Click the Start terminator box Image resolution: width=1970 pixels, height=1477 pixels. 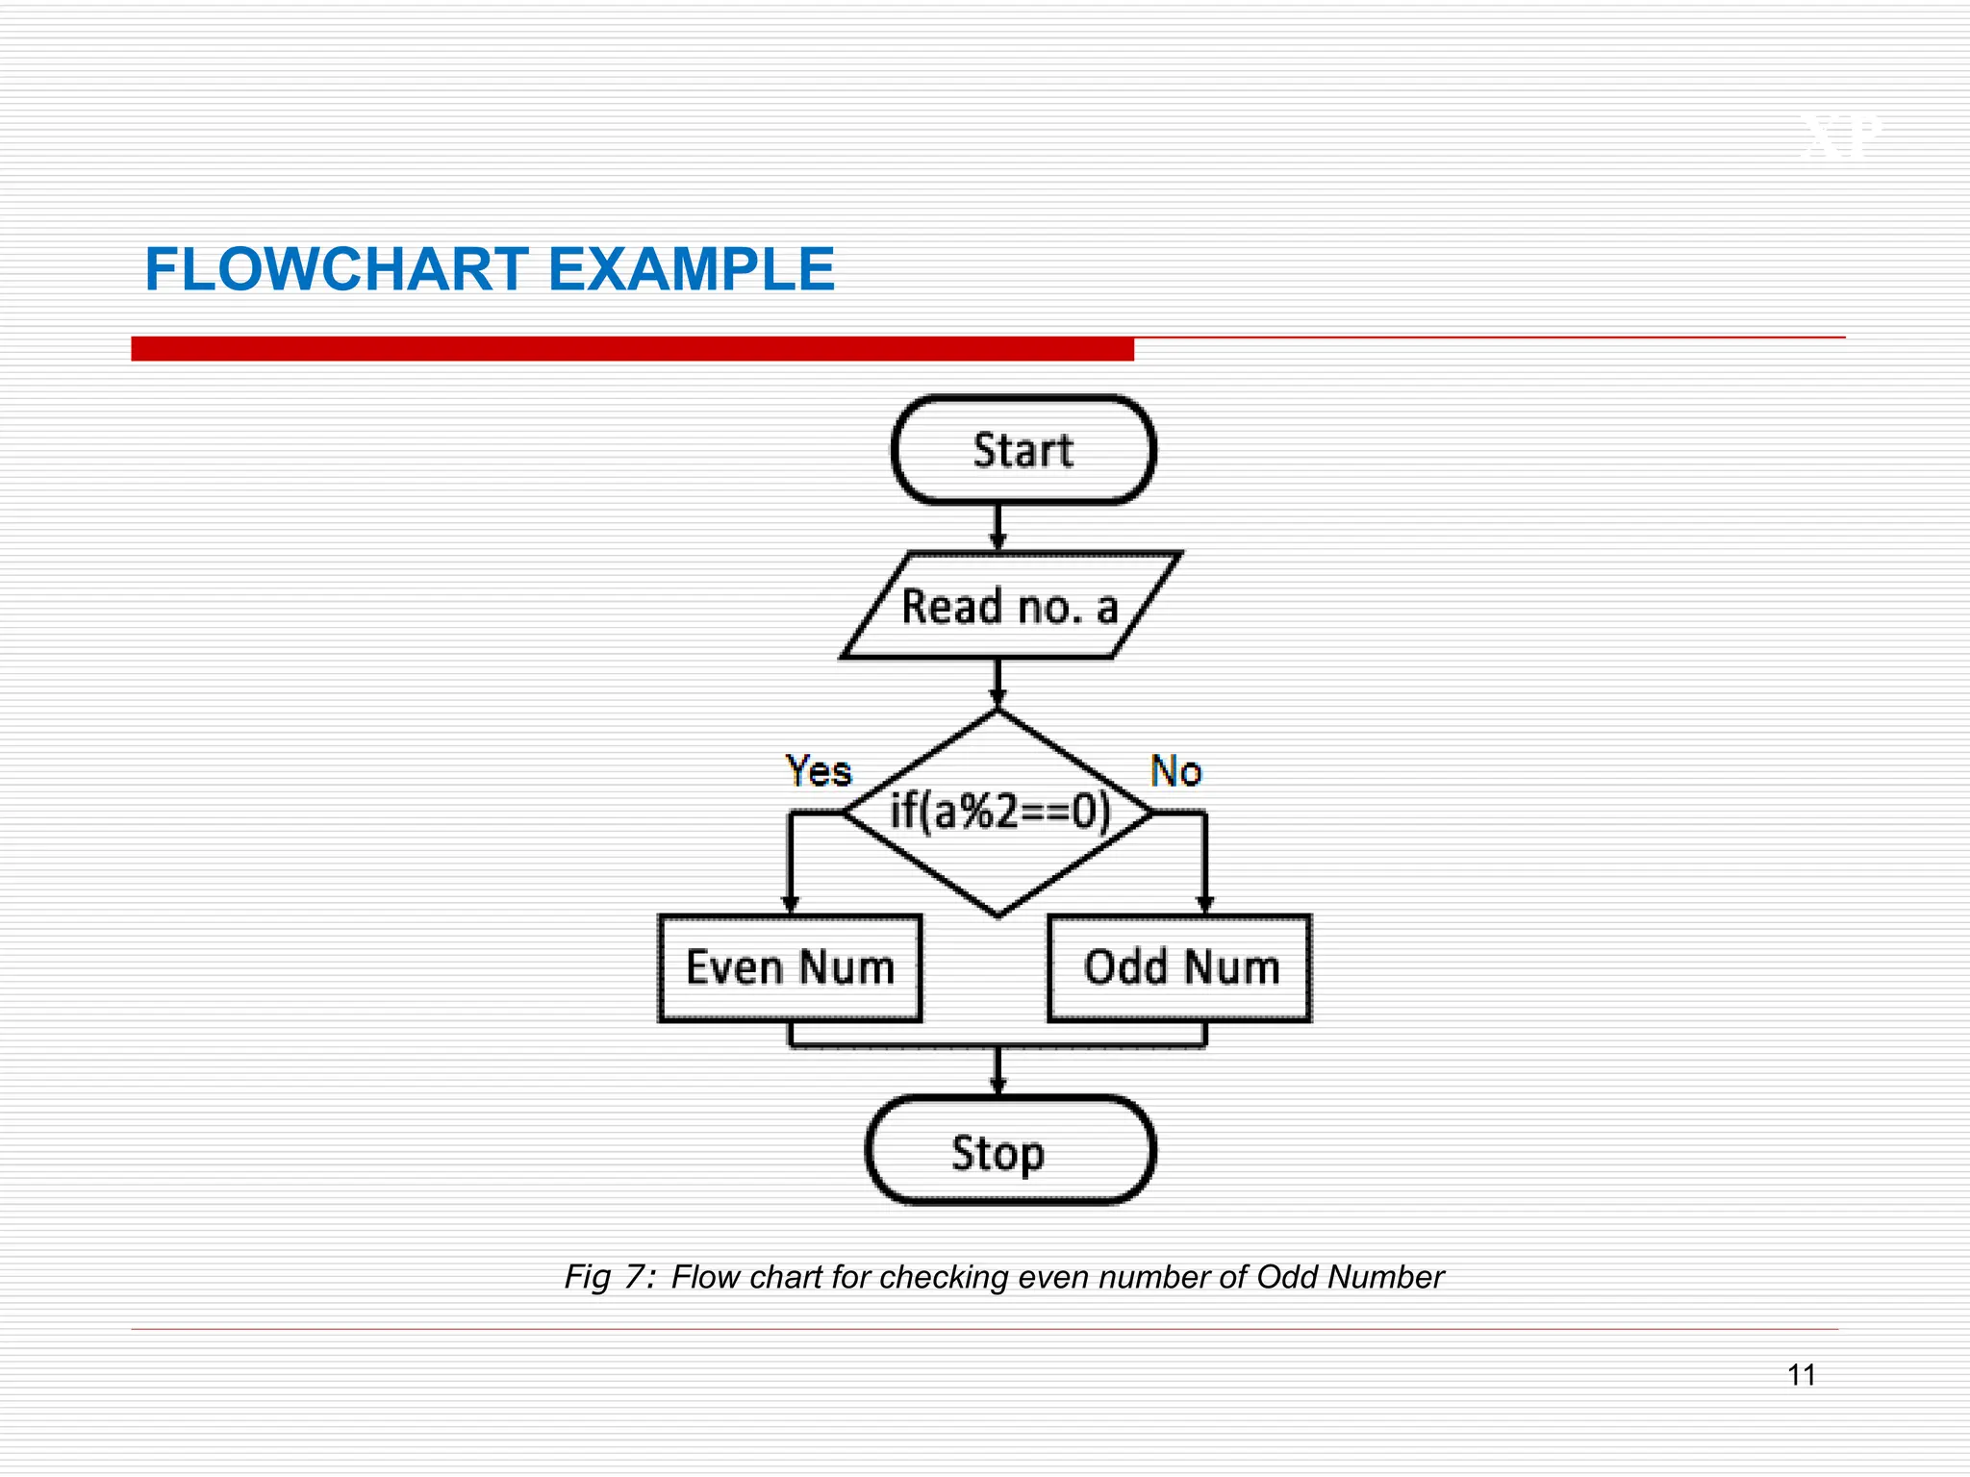tap(1023, 450)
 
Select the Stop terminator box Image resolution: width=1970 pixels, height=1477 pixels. tap(1009, 1151)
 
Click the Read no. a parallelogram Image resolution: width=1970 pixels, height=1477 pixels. tap(1009, 607)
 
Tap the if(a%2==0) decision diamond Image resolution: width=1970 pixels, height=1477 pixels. tap(998, 814)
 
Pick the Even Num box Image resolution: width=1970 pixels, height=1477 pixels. tap(790, 967)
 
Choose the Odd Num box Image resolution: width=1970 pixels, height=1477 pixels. tap(1180, 967)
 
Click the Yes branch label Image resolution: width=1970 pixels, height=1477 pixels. tap(819, 771)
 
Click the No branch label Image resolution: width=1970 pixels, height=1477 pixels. tap(1175, 771)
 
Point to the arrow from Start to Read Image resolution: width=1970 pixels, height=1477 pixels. tap(998, 528)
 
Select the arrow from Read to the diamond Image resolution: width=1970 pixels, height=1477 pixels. tap(998, 684)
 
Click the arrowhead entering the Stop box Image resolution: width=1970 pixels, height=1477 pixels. tap(998, 1086)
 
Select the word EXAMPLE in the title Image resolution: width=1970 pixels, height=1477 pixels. tap(691, 269)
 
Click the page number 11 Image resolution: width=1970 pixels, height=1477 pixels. tap(1801, 1375)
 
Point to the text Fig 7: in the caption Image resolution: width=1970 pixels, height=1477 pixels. tap(610, 1277)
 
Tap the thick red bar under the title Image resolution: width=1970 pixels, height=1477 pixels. tap(632, 349)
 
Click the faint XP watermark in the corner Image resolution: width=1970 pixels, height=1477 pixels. tap(1839, 138)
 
